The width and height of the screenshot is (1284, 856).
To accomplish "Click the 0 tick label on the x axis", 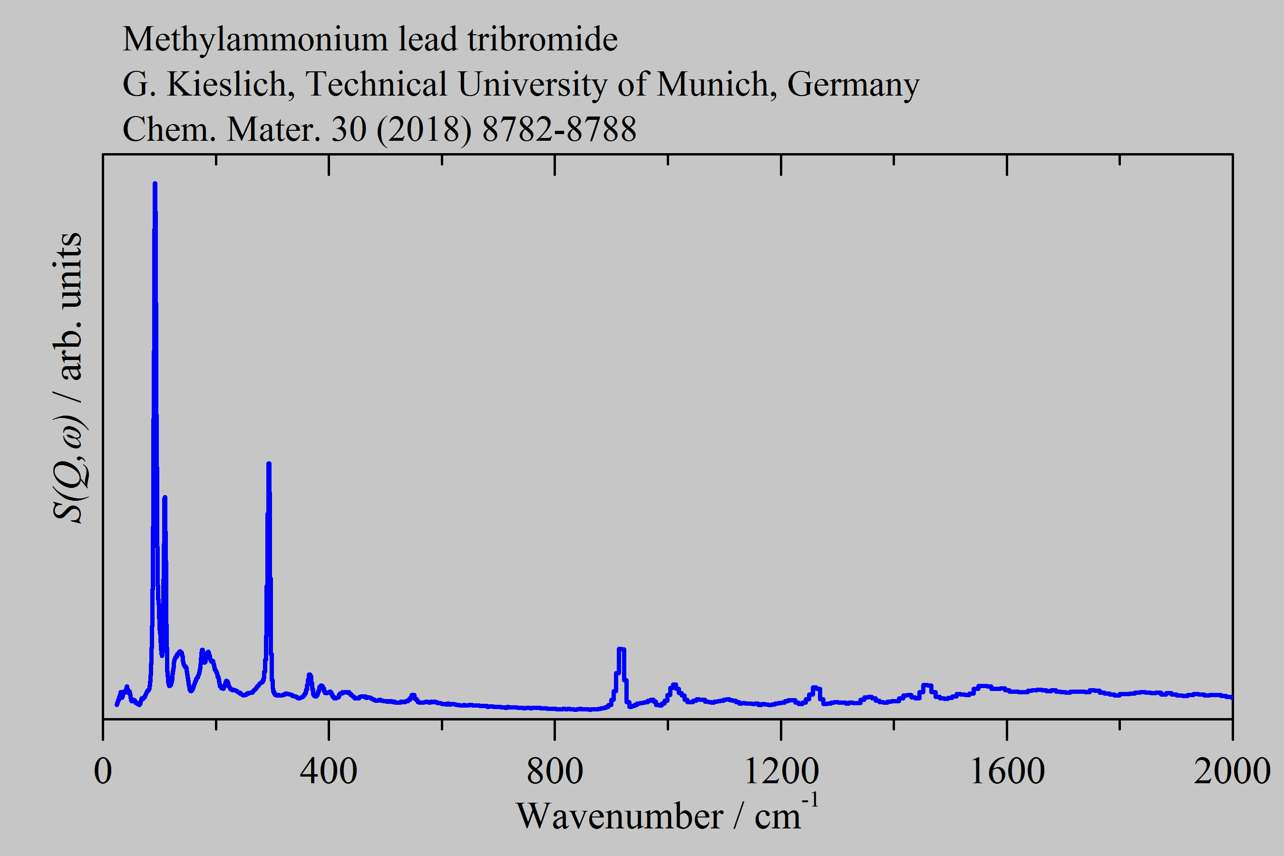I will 103,772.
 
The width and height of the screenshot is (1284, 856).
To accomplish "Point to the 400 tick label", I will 329,772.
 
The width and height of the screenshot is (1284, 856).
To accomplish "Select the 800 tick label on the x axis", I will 554,772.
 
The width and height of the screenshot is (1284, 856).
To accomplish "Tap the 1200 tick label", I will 781,772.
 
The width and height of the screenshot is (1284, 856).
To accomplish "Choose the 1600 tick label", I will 1007,772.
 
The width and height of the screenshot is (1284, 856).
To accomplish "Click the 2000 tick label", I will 1232,772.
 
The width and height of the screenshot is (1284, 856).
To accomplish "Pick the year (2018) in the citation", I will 424,130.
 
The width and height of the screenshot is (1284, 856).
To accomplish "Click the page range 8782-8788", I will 559,129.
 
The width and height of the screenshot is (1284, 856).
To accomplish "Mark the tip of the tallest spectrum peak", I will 155,185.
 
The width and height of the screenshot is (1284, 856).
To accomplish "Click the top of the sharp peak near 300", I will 269,464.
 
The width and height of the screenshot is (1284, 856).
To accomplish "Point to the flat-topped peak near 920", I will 621,649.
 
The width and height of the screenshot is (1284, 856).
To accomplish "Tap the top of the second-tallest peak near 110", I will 165,497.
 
